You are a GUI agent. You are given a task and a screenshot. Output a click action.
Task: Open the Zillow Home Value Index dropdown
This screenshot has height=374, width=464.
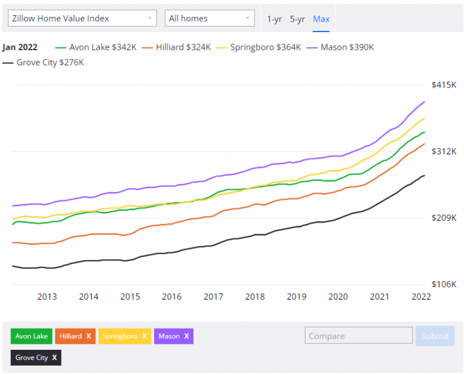[x=82, y=18]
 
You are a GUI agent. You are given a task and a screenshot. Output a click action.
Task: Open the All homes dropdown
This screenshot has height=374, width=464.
[x=209, y=18]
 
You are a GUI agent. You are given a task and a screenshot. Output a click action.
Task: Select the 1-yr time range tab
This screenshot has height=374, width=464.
[x=274, y=19]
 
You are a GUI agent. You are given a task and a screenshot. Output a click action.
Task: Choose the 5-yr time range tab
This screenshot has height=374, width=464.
[x=297, y=19]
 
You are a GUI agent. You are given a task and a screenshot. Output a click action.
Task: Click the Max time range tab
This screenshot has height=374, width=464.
[x=321, y=19]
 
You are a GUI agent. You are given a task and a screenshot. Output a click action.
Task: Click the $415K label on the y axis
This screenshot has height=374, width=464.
[x=443, y=85]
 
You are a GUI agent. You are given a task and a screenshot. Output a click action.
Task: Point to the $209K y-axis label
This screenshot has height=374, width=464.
[x=443, y=218]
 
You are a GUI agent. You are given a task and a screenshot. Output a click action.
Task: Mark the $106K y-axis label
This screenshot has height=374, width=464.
[x=443, y=284]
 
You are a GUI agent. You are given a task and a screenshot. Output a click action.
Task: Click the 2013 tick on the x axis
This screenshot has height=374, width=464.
[x=47, y=297]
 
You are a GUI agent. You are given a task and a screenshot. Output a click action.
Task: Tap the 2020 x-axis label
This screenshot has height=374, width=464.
[x=338, y=297]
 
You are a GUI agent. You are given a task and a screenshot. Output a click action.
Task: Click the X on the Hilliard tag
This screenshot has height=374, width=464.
[x=88, y=336]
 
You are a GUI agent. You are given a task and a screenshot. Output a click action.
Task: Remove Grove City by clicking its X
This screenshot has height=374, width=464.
[x=54, y=358]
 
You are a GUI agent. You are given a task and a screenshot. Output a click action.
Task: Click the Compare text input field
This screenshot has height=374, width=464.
[x=358, y=336]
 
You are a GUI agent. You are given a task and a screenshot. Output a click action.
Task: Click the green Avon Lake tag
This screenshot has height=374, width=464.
[x=31, y=336]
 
